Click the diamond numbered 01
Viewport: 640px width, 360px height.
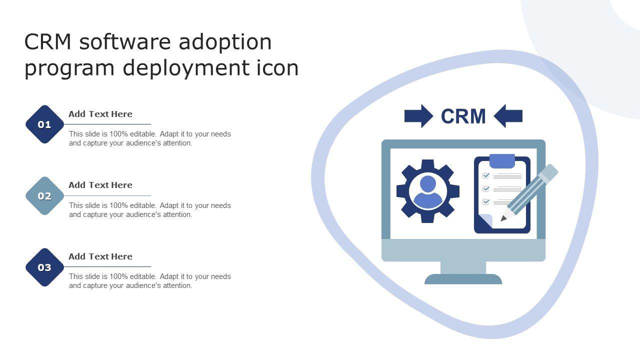click(45, 124)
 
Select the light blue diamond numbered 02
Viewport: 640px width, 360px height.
click(45, 196)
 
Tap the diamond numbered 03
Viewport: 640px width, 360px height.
click(45, 267)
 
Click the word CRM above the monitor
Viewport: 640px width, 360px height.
click(463, 116)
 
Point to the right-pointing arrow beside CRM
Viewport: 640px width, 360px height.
click(418, 116)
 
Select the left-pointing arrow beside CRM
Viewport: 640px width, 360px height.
click(508, 116)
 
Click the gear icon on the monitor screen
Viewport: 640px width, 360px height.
click(405, 191)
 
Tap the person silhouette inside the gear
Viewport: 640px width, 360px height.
click(428, 192)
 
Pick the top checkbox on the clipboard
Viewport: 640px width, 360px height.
click(485, 176)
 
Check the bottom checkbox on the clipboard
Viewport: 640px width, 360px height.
click(485, 202)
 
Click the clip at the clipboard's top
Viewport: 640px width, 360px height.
click(502, 161)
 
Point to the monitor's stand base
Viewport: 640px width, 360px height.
click(463, 279)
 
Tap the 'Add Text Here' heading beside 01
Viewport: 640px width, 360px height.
click(100, 114)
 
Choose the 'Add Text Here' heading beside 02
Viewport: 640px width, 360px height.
click(100, 185)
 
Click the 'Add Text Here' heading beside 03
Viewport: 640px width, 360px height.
click(100, 256)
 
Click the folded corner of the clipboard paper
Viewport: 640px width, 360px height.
click(484, 220)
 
